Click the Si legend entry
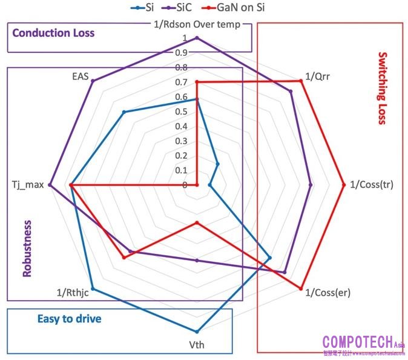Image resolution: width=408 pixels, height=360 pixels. point(143,8)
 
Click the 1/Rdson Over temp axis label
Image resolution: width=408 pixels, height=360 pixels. point(197,25)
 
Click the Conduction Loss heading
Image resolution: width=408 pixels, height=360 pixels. point(53,33)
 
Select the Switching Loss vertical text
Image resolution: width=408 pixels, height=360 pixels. point(381,88)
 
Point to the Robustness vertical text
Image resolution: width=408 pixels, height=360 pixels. point(27,248)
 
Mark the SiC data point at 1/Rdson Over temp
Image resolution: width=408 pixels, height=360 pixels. point(197,38)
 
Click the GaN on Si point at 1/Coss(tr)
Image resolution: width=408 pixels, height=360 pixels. point(343,185)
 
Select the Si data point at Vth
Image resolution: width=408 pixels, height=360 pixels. point(197,332)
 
